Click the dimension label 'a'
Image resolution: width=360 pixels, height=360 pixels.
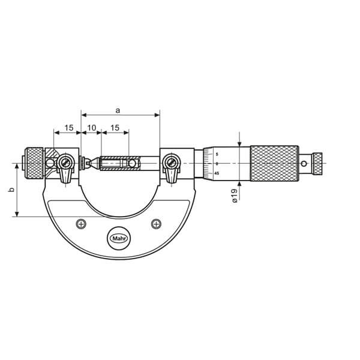click(118, 110)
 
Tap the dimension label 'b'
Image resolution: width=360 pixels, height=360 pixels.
click(11, 190)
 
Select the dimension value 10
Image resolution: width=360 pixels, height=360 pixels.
click(92, 128)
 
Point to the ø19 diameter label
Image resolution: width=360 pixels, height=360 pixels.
click(235, 196)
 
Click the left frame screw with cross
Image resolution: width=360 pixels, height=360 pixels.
click(81, 224)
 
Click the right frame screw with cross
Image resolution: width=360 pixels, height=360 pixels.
click(156, 224)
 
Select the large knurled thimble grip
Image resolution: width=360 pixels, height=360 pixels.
click(274, 163)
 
